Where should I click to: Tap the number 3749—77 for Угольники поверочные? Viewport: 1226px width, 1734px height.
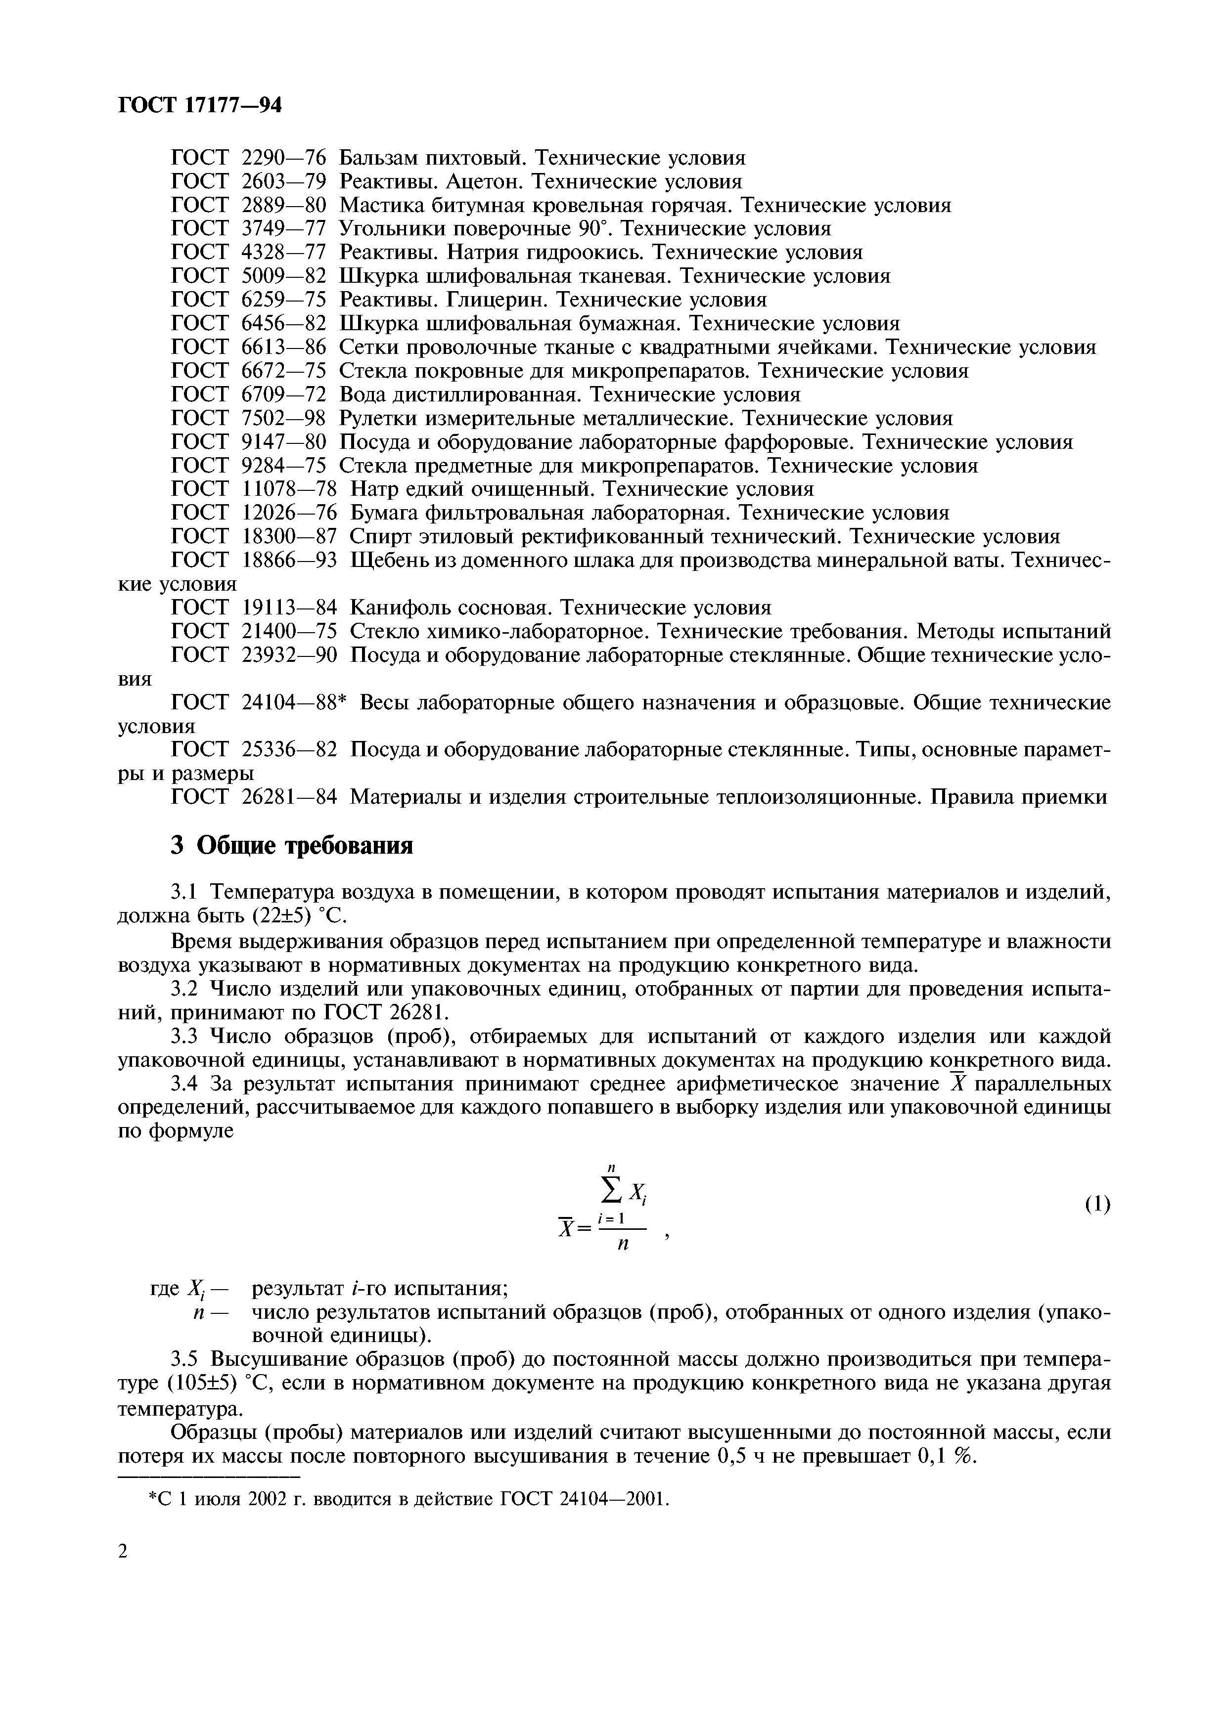(283, 229)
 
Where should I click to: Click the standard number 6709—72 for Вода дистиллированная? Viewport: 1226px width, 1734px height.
(283, 394)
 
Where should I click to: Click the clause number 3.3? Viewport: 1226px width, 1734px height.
(184, 1036)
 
